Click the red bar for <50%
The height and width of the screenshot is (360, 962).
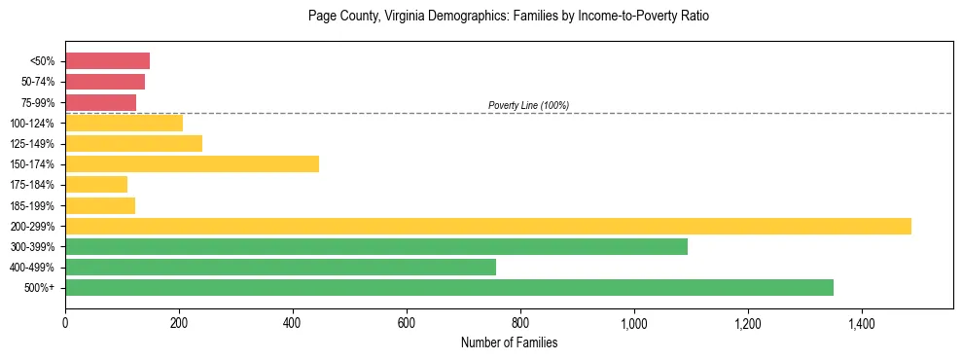tap(107, 61)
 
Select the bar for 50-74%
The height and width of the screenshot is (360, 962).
tap(105, 82)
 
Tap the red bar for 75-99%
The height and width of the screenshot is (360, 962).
tap(100, 102)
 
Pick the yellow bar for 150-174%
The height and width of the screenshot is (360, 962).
tap(192, 164)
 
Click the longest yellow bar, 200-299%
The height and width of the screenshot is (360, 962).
tap(487, 226)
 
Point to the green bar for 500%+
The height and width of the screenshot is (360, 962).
tap(448, 287)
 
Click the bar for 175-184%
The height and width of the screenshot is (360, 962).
tap(96, 185)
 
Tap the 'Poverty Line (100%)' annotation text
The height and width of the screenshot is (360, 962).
tap(528, 105)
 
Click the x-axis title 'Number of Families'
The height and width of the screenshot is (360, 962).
tap(509, 342)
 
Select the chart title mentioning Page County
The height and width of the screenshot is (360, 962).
tap(509, 17)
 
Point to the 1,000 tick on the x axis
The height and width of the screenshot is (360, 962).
tap(634, 321)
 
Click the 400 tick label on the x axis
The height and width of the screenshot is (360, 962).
tap(293, 321)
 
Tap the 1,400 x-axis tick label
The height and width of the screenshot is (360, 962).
tap(862, 321)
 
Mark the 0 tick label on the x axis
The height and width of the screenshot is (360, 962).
tap(65, 321)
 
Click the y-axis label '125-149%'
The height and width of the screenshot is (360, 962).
tap(32, 144)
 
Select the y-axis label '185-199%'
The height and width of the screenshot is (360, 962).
tap(32, 205)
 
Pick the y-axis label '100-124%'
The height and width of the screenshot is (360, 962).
tap(32, 124)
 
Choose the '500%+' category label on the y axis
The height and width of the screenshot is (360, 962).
tap(39, 288)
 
